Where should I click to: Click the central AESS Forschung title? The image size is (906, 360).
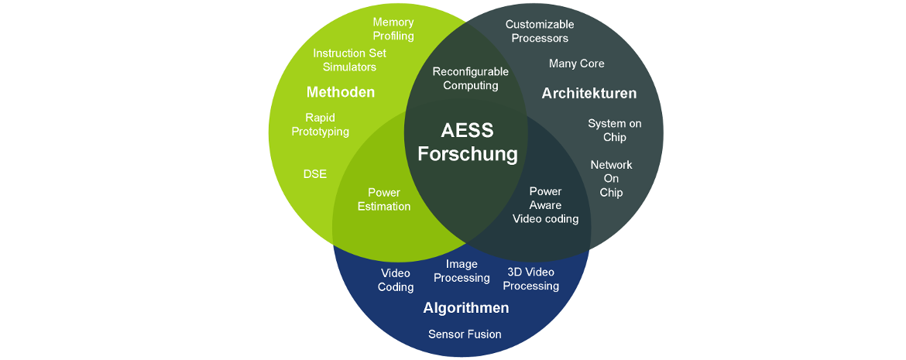[468, 142]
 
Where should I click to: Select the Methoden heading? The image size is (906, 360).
[340, 92]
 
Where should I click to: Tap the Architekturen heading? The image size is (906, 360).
[589, 93]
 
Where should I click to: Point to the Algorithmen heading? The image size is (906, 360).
[465, 307]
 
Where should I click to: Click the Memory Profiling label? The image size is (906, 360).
[393, 29]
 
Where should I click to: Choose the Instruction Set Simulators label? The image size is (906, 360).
[349, 60]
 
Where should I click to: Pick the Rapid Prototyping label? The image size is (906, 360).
[320, 124]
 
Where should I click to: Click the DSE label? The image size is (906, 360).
[315, 173]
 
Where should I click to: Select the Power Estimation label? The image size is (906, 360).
[383, 200]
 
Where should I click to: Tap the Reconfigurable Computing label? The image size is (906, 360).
[470, 79]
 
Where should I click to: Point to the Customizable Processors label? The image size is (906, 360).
[540, 31]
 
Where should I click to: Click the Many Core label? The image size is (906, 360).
[576, 63]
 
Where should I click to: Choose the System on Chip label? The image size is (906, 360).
[614, 130]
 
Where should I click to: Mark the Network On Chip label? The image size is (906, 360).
[611, 179]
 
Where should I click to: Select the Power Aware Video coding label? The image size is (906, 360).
[545, 205]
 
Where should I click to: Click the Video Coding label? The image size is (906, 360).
[396, 279]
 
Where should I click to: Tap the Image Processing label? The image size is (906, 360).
[462, 271]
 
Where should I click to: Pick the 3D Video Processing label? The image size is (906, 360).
[531, 279]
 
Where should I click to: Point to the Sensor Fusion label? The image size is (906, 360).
[465, 334]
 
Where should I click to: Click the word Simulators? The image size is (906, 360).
[349, 67]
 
